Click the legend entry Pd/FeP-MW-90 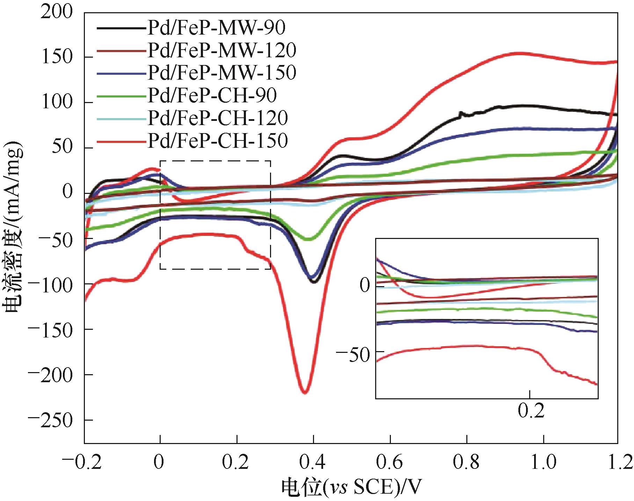[x=216, y=28]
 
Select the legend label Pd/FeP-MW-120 [x=222, y=50]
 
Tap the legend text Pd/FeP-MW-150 [x=222, y=73]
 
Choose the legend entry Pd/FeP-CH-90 [x=212, y=95]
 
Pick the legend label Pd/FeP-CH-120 [x=218, y=118]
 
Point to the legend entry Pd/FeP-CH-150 [x=218, y=140]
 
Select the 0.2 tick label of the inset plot [x=531, y=411]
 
